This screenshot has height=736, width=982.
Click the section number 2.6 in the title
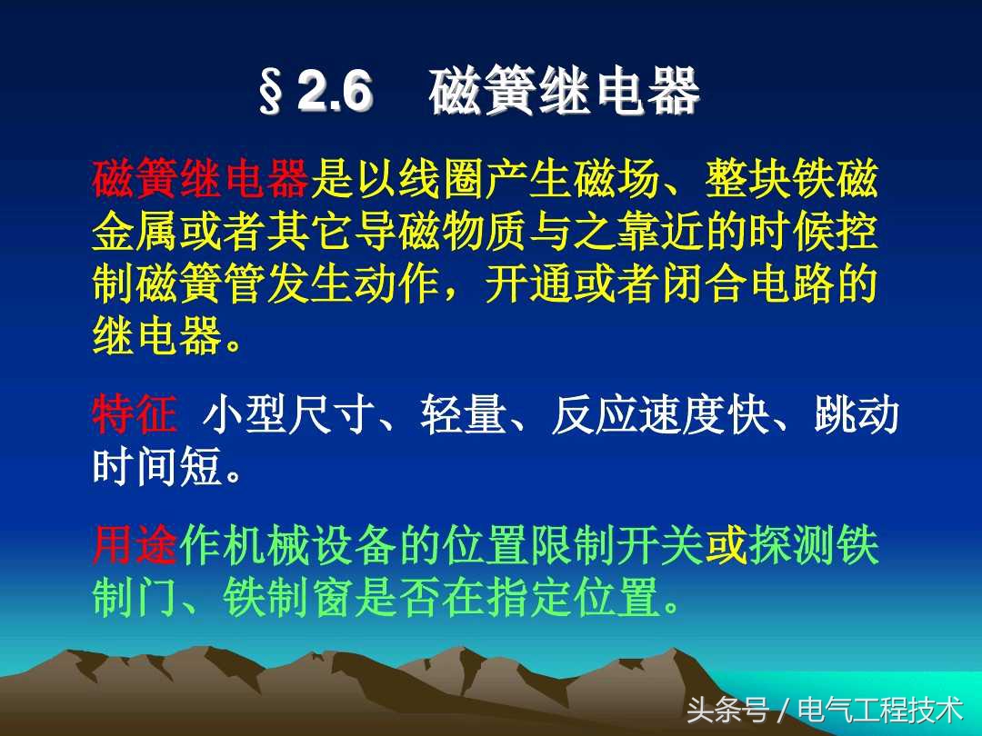pyautogui.click(x=335, y=93)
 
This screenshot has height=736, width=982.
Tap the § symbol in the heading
pyautogui.click(x=271, y=94)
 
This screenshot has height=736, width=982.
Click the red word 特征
pyautogui.click(x=135, y=416)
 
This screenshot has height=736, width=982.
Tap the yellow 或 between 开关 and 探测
pyautogui.click(x=726, y=547)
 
